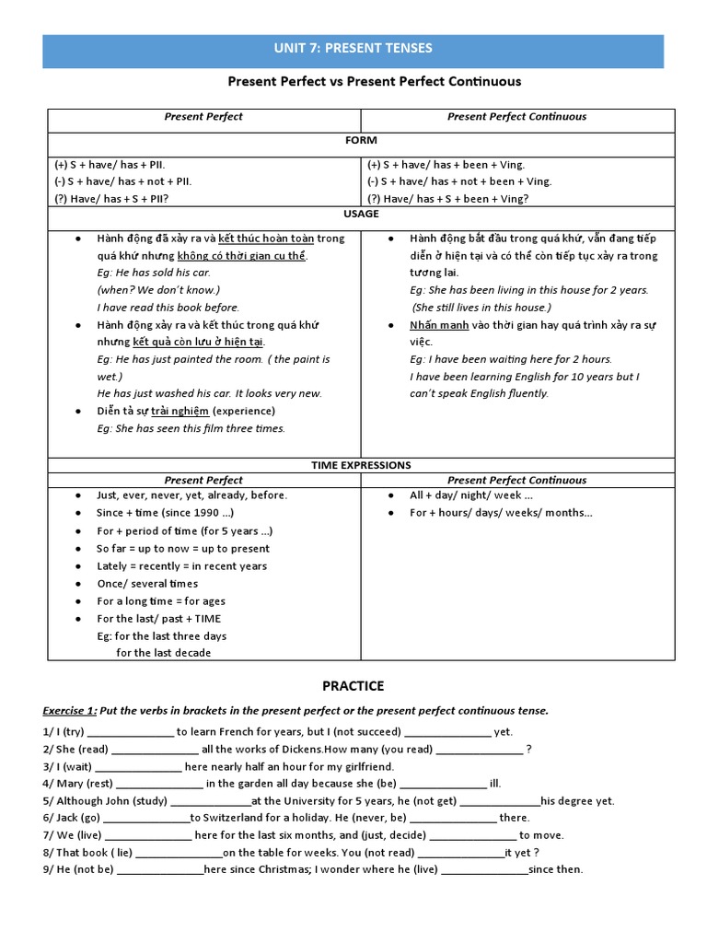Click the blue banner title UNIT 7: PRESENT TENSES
[x=353, y=49]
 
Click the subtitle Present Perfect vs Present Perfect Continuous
[x=374, y=82]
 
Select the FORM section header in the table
[x=361, y=142]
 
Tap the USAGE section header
[x=361, y=214]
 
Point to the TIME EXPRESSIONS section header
[x=361, y=465]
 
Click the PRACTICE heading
[x=353, y=686]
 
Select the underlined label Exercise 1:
[x=69, y=711]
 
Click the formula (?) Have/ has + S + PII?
[x=110, y=198]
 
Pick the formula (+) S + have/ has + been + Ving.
[x=446, y=164]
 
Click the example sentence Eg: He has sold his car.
[x=154, y=273]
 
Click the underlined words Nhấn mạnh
[x=439, y=325]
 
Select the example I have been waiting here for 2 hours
[x=511, y=359]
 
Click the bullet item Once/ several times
[x=147, y=584]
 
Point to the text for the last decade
[x=164, y=653]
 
